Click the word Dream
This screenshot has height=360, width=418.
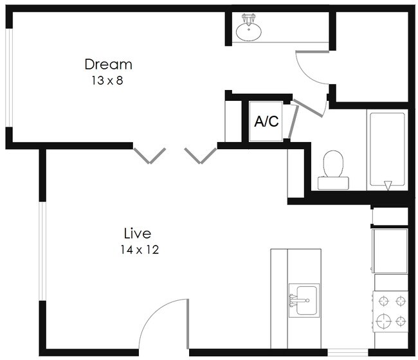(x=108, y=64)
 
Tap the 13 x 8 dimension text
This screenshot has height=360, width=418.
(x=107, y=82)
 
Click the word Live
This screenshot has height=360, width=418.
(x=138, y=232)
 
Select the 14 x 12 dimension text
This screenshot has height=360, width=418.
(x=138, y=249)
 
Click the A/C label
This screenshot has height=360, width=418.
(x=266, y=122)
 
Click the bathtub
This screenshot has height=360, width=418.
(x=386, y=151)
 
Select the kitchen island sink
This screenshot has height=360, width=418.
(x=304, y=300)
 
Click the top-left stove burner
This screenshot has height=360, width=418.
(x=384, y=300)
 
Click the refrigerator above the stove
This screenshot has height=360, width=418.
(x=390, y=250)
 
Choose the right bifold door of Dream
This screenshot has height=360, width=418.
(x=201, y=155)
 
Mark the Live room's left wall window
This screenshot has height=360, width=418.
(x=42, y=251)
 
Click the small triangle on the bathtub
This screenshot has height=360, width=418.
(x=387, y=186)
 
